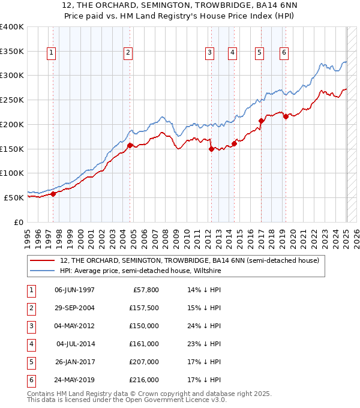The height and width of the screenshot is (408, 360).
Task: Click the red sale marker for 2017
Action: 261,121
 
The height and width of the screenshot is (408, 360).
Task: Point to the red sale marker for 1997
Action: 53,194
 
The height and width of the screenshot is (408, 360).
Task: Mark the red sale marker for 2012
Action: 211,149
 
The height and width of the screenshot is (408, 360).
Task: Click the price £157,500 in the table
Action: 144,308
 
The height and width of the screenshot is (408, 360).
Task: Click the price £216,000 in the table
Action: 144,380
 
